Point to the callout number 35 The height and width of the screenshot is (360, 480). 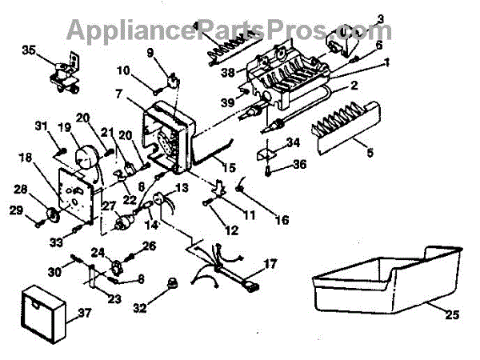[x=30, y=50]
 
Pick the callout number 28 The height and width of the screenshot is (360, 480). [x=23, y=190]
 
